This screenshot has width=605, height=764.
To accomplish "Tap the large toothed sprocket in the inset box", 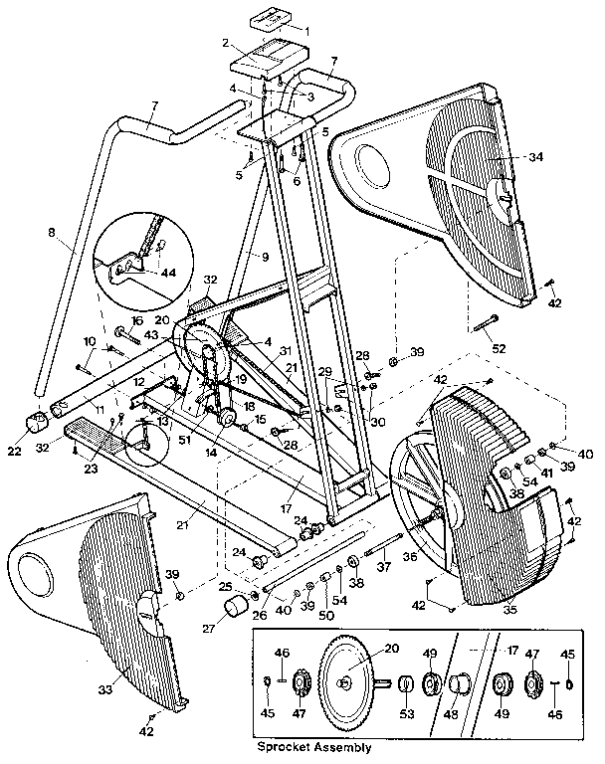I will pos(343,681).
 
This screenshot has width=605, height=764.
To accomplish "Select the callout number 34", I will pos(536,157).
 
